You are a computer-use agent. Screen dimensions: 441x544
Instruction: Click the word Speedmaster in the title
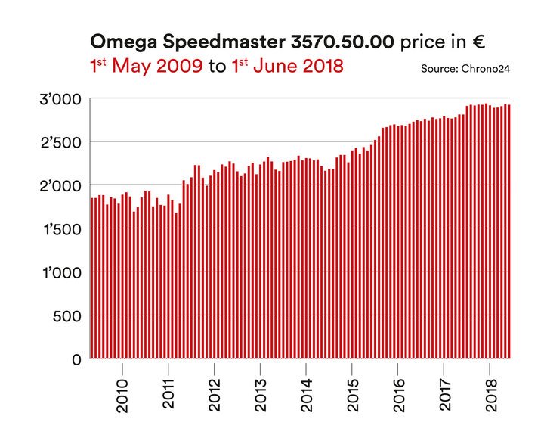coord(219,42)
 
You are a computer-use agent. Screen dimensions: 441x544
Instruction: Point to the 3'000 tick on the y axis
coord(61,98)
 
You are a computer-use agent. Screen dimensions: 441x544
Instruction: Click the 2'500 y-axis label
coord(61,141)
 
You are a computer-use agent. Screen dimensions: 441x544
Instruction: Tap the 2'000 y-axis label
coord(61,185)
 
